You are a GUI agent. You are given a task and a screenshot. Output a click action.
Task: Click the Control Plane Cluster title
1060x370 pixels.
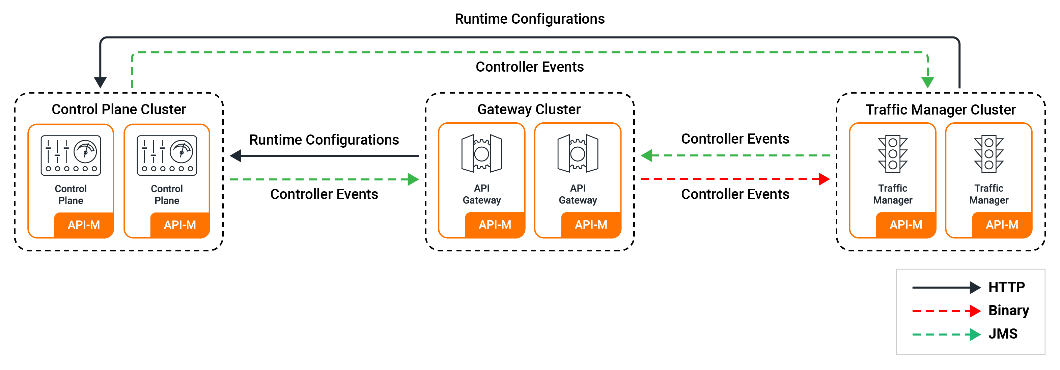118,109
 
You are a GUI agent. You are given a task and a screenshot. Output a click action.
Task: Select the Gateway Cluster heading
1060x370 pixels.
529,109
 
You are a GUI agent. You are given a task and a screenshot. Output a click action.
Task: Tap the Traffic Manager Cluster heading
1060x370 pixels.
940,109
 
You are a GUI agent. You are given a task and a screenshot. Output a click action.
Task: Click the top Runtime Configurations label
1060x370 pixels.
529,19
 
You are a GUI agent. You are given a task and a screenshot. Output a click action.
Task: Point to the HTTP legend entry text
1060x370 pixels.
1006,287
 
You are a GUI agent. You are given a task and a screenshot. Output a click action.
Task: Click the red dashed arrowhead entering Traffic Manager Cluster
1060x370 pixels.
824,179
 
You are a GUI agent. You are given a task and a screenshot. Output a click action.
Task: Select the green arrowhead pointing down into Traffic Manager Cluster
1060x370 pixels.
927,82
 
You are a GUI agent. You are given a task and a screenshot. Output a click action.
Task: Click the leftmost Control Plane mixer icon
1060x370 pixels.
71,155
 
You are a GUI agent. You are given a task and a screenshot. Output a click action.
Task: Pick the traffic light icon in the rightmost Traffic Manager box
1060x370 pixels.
988,154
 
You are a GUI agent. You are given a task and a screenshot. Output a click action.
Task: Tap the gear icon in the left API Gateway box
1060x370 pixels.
481,154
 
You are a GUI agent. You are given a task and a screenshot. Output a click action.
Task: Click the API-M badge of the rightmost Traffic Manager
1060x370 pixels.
1002,225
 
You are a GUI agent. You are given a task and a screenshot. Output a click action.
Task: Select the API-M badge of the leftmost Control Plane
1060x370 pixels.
84,225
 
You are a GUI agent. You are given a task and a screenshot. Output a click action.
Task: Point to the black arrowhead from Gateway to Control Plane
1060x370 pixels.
236,156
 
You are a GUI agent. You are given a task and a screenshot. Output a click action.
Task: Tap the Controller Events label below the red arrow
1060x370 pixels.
735,194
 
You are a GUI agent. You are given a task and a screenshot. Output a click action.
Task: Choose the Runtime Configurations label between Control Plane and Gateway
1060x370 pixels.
324,140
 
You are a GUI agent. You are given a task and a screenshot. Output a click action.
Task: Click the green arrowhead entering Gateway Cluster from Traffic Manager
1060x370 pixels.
647,156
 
